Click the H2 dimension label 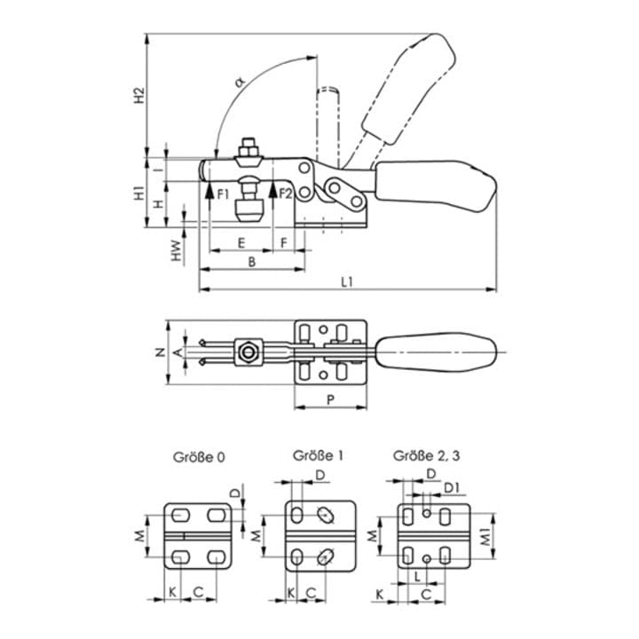[140, 95]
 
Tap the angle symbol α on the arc [241, 83]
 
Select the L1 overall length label [346, 281]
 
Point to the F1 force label [223, 194]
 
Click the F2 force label [286, 194]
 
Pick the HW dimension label [176, 249]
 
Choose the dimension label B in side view [252, 262]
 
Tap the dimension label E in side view [241, 243]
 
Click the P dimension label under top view [330, 399]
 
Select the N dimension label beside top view [161, 352]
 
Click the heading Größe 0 [199, 457]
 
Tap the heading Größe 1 [318, 455]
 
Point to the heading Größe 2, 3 [426, 455]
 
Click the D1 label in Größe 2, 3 [451, 487]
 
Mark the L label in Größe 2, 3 [417, 576]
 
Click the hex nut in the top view [248, 352]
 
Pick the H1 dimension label [140, 193]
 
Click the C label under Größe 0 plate [199, 591]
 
